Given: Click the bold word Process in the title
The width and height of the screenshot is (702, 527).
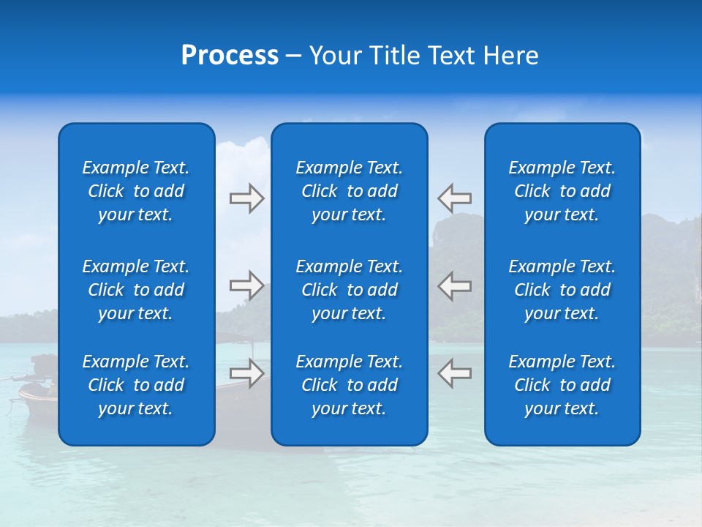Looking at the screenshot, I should pyautogui.click(x=230, y=56).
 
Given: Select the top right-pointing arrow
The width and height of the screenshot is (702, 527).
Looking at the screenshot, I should pyautogui.click(x=246, y=198).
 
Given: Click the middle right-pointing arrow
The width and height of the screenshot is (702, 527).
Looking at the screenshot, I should pyautogui.click(x=246, y=285).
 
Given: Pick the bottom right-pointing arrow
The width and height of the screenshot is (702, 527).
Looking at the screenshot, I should pyautogui.click(x=246, y=373).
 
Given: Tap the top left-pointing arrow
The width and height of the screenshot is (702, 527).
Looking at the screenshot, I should pyautogui.click(x=454, y=198).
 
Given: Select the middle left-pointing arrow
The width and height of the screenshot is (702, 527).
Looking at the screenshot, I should pyautogui.click(x=454, y=285).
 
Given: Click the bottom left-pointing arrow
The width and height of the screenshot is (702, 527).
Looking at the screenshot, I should pyautogui.click(x=454, y=373).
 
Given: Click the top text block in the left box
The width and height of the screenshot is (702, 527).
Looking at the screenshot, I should pyautogui.click(x=136, y=191).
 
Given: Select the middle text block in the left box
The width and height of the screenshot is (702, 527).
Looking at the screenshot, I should pyautogui.click(x=136, y=290).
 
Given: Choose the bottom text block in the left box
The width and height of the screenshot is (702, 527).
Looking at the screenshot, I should pyautogui.click(x=136, y=385).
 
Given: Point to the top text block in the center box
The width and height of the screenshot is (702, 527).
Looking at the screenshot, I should pyautogui.click(x=350, y=191).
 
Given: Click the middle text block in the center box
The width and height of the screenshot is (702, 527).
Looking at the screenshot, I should pyautogui.click(x=350, y=290).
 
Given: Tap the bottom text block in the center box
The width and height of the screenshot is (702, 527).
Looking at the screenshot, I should pyautogui.click(x=350, y=385).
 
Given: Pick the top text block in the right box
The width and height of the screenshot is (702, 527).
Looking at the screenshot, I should pyautogui.click(x=562, y=191).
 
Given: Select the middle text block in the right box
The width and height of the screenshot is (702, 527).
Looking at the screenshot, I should pyautogui.click(x=562, y=290).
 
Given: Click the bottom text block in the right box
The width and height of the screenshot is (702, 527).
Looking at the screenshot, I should pyautogui.click(x=562, y=385).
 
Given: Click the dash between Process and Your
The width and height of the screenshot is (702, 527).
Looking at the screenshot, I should pyautogui.click(x=293, y=57).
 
